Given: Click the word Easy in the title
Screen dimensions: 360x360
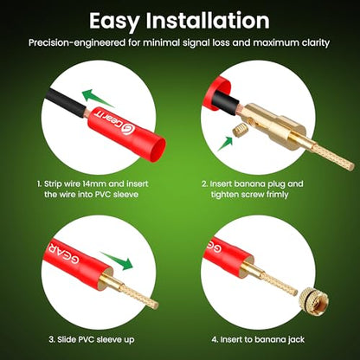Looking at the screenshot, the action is [115, 22].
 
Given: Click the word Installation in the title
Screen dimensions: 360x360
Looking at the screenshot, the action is [208, 20].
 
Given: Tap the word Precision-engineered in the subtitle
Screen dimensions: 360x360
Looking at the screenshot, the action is [77, 43].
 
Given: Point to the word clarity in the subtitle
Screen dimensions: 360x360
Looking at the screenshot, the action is [316, 43].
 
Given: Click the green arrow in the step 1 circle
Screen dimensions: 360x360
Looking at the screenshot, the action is [96, 97].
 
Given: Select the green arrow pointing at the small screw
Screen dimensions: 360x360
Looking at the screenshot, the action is [225, 144].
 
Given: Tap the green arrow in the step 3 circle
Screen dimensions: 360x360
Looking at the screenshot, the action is [117, 261].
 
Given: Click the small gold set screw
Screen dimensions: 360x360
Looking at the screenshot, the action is [239, 132].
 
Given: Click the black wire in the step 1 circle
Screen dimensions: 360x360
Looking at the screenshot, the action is [64, 102].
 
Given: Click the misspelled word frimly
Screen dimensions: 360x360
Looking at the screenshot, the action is [273, 195].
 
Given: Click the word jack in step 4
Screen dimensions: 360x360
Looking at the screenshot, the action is [296, 340].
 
